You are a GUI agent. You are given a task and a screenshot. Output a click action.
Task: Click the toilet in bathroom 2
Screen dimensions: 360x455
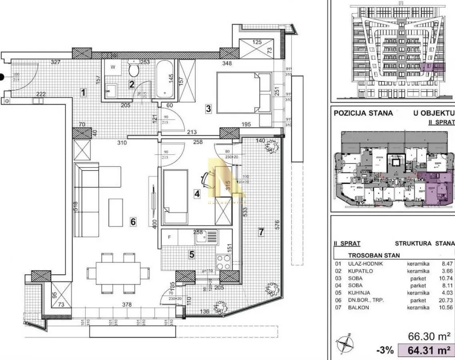pyautogui.click(x=134, y=70)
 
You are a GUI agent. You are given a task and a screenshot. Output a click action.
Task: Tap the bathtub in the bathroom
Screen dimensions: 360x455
pyautogui.click(x=164, y=79)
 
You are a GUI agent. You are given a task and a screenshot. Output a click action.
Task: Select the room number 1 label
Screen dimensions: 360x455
pyautogui.click(x=83, y=93)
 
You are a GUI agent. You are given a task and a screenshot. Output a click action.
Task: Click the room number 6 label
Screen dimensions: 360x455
pyautogui.click(x=133, y=221)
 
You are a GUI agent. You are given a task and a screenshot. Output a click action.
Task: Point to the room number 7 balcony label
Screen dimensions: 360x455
pyautogui.click(x=261, y=232)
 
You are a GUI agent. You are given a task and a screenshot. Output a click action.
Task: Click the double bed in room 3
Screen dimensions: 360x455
pyautogui.click(x=243, y=92)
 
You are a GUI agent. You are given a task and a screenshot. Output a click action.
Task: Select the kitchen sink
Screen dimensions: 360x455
pyautogui.click(x=206, y=237)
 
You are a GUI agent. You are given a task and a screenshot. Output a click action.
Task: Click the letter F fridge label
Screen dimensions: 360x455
pyautogui.click(x=169, y=237)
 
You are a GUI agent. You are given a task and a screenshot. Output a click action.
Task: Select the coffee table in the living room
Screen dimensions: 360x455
pyautogui.click(x=116, y=212)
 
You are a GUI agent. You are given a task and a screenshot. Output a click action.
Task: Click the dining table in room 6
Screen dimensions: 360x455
pyautogui.click(x=118, y=272)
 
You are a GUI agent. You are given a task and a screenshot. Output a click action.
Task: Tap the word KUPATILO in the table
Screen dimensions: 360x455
pyautogui.click(x=350, y=271)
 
